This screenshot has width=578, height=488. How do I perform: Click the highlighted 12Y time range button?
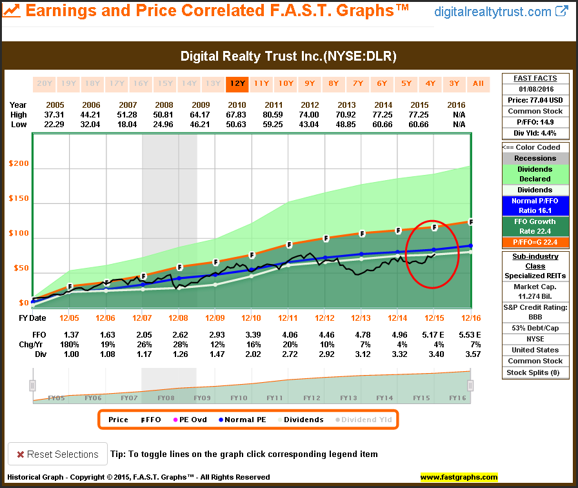pos(236,83)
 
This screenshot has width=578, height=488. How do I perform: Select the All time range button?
pos(478,83)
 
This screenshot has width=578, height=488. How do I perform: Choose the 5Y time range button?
pos(406,83)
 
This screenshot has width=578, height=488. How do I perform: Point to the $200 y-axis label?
pos(19,164)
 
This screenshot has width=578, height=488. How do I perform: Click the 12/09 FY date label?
pos(215,318)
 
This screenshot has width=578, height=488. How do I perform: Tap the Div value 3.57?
pos(472,354)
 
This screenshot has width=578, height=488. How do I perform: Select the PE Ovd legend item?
pos(190,420)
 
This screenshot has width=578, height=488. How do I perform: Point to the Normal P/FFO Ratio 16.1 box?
pos(535,206)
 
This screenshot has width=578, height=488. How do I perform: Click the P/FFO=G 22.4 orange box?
pos(535,242)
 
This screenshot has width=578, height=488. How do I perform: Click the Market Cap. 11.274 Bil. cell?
pos(535,291)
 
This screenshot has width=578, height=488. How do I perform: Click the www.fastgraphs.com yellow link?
pos(459,478)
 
